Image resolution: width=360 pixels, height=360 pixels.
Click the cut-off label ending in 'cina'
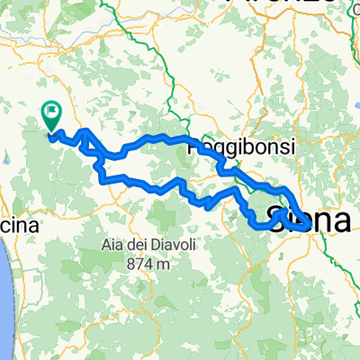point(18,227)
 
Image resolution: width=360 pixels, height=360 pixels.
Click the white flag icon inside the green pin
point(52,113)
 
